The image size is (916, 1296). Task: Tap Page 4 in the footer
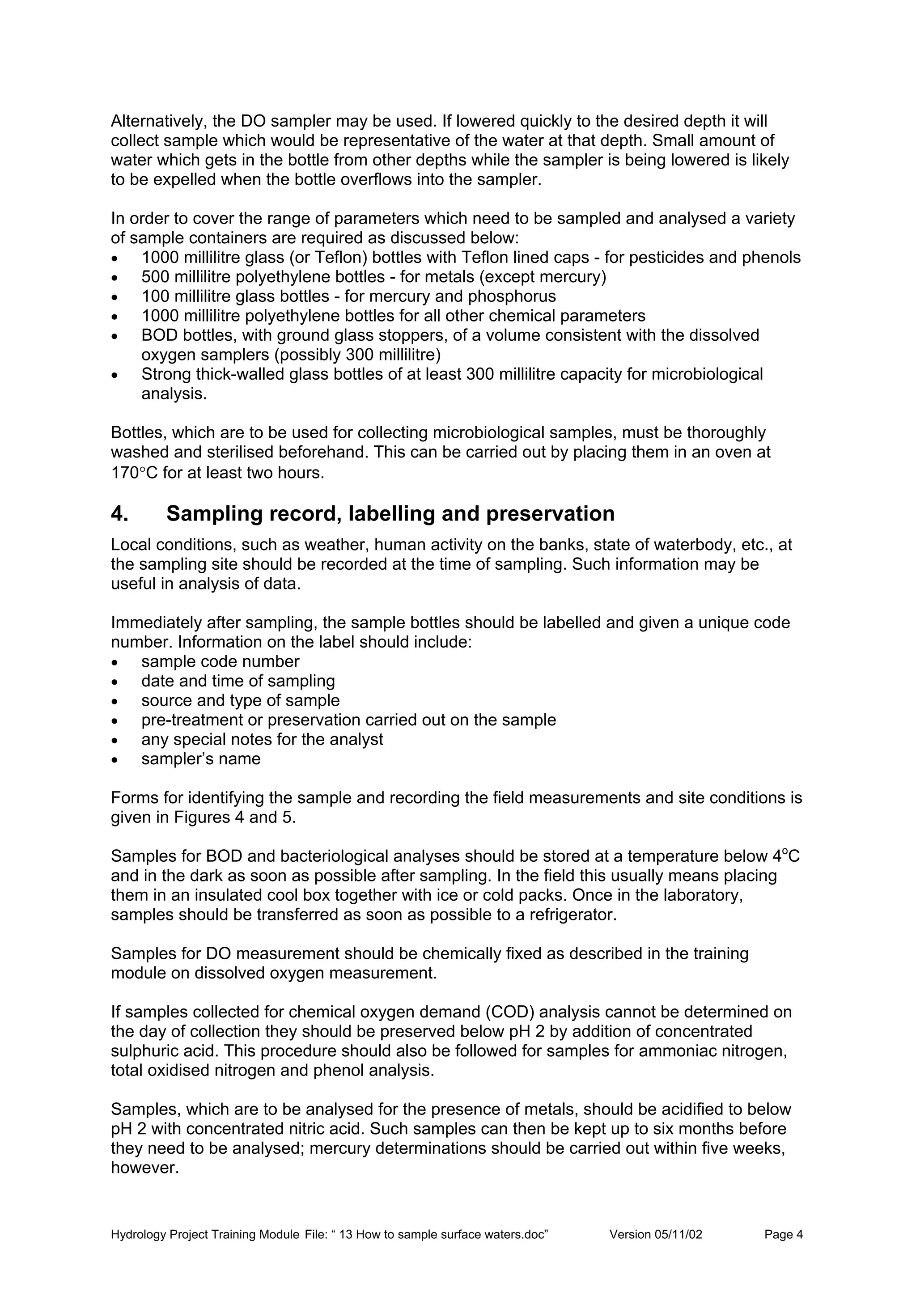tap(783, 1234)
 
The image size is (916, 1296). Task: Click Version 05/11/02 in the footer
tap(655, 1234)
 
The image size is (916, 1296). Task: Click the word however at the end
tap(144, 1168)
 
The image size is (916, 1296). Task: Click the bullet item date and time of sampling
tap(237, 681)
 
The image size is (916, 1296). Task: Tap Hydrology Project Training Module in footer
tap(205, 1234)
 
